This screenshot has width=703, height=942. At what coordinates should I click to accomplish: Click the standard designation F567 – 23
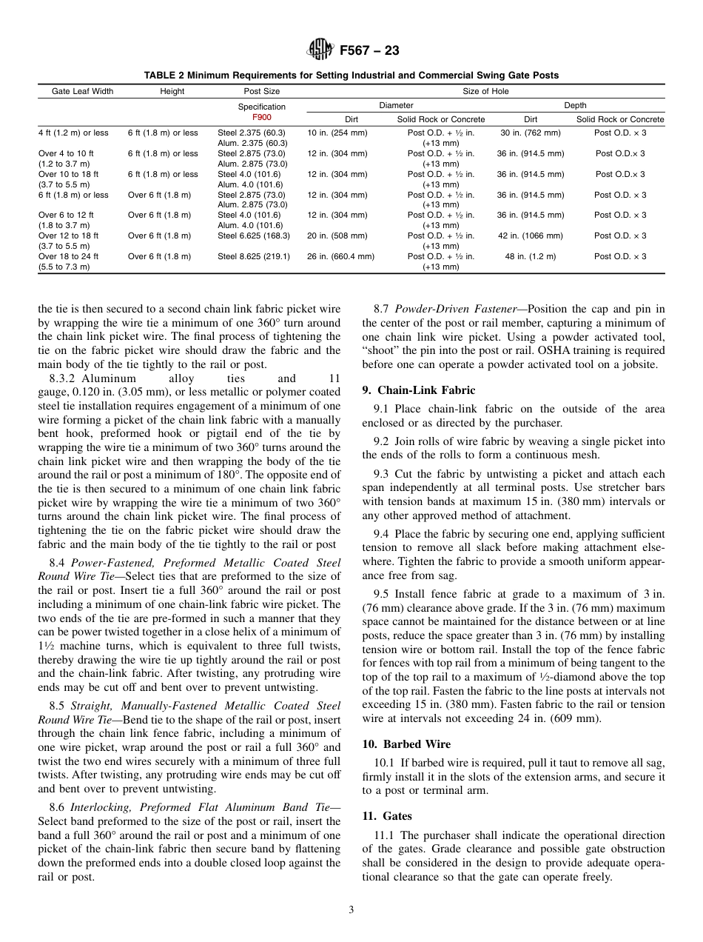369,51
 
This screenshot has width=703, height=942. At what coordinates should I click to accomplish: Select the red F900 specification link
261,118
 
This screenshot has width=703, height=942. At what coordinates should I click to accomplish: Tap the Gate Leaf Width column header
82,92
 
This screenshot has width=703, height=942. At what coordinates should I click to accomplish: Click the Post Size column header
261,92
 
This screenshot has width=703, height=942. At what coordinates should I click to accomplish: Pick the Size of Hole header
485,92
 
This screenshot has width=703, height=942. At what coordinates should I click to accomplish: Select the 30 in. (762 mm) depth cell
530,133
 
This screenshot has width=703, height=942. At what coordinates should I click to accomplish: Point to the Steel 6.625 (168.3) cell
253,236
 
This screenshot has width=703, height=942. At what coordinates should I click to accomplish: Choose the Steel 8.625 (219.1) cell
253,257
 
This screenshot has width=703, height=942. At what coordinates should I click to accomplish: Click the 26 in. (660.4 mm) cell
340,257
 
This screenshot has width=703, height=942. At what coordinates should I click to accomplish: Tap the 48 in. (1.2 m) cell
530,257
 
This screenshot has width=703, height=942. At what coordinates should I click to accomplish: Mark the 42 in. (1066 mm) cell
530,236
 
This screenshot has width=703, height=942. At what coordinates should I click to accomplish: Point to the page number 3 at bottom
351,910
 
